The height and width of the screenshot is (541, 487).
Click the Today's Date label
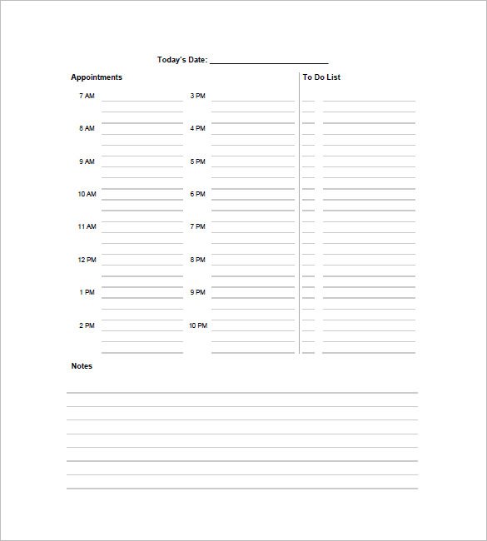tap(182, 59)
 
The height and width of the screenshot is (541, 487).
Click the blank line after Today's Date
tap(269, 62)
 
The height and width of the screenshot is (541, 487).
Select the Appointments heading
tap(97, 77)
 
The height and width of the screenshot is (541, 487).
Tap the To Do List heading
tap(321, 77)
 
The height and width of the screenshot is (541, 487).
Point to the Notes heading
tap(82, 366)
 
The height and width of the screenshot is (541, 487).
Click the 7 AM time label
tap(87, 96)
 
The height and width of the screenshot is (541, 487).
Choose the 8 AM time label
tap(87, 129)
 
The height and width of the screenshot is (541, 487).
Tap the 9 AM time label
tap(87, 161)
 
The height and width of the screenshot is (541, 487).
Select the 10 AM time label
tap(87, 194)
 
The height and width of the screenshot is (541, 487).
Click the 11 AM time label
tap(87, 226)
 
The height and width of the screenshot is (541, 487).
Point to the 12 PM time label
tap(87, 260)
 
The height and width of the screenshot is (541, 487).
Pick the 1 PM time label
tap(87, 292)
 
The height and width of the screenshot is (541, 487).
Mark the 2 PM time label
tap(87, 325)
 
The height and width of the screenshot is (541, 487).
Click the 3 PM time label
tap(197, 96)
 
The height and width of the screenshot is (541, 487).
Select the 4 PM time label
tap(197, 129)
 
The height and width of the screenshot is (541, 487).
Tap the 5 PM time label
tap(197, 161)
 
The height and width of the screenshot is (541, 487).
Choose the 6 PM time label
tap(197, 194)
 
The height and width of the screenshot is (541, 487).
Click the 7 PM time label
tap(197, 226)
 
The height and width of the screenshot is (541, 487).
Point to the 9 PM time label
tap(197, 292)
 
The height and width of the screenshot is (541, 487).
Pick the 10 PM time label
tap(197, 325)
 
